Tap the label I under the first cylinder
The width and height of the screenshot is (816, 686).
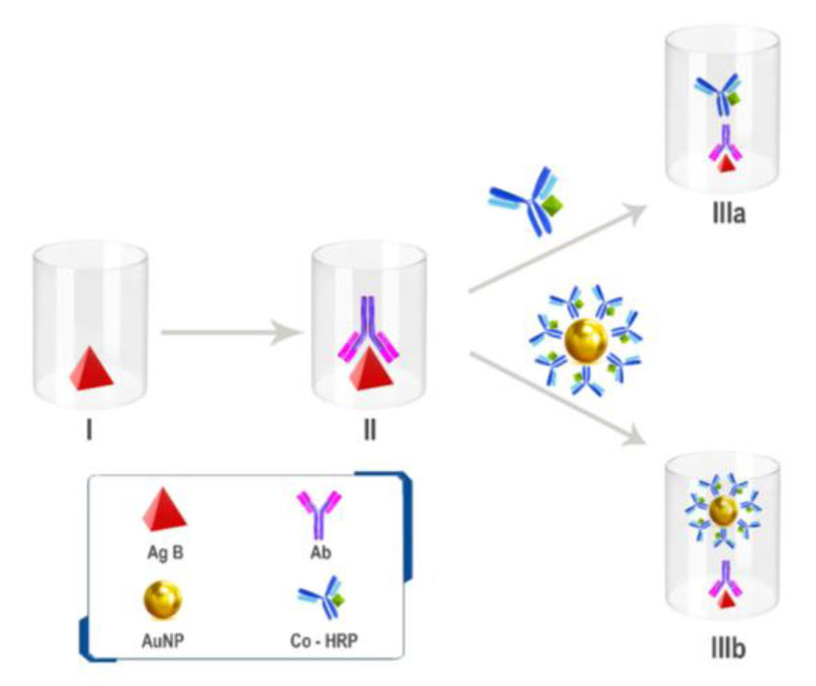click(x=90, y=431)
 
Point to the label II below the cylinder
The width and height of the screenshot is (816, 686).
click(x=370, y=431)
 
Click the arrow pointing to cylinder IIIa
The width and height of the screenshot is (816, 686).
click(x=556, y=248)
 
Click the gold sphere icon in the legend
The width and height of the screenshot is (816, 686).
click(x=164, y=603)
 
